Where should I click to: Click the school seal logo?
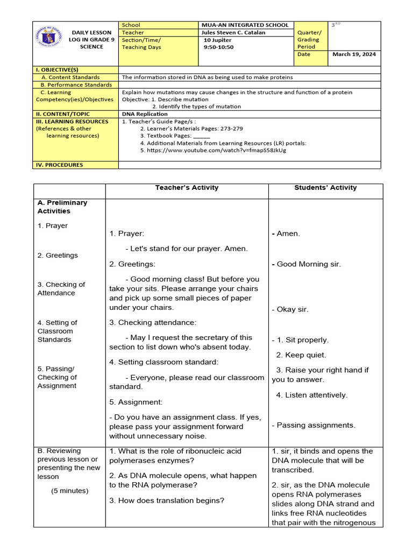49,36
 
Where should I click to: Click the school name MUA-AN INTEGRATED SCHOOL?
245,25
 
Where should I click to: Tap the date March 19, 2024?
354,54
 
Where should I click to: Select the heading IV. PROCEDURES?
59,165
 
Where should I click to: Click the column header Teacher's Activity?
187,188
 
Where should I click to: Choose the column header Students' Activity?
325,188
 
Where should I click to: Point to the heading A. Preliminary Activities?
62,207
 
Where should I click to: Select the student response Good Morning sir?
308,264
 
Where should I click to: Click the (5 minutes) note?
70,491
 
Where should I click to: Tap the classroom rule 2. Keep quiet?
301,355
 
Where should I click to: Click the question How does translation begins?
167,500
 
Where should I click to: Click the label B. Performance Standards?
76,84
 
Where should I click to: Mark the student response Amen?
288,234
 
